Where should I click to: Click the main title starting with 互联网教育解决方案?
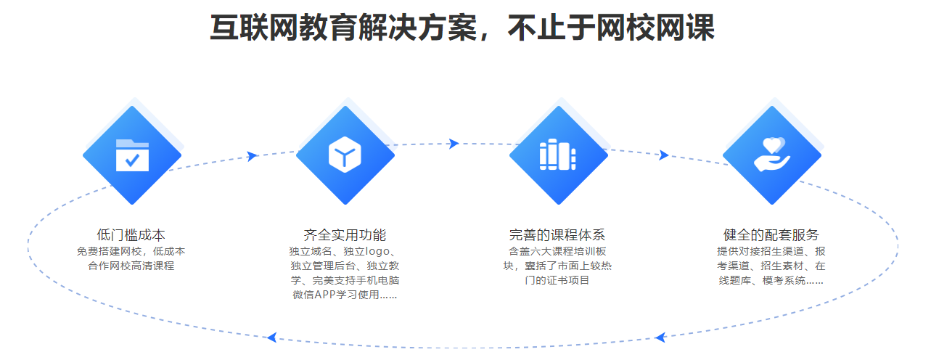pos(462,28)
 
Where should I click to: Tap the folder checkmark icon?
pos(132,155)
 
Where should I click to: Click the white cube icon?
pos(345,154)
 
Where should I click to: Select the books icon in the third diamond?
pos(558,155)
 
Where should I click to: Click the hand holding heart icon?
pos(772,154)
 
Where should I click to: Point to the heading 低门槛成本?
pos(131,235)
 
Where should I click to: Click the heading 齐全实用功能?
pos(345,235)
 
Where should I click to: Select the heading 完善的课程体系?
pos(557,235)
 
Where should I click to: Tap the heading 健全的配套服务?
pos(771,235)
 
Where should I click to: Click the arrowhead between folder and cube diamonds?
pos(252,156)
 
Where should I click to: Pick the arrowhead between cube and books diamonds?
pos(454,144)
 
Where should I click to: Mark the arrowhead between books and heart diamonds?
pos(664,155)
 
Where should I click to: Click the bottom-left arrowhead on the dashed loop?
pos(272,337)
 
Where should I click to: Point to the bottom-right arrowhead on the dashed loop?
pos(660,337)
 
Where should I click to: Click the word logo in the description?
pos(377,252)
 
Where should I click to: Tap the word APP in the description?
pos(325,295)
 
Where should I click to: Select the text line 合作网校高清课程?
pos(131,266)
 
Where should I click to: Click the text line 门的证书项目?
pos(557,280)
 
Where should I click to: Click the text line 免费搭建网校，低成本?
pos(131,251)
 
